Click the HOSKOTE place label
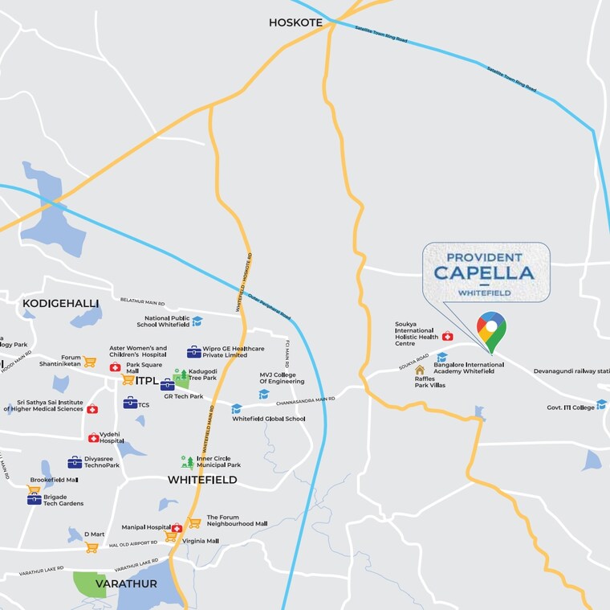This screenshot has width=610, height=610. pos(295,23)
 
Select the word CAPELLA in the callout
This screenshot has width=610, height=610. pos(484,272)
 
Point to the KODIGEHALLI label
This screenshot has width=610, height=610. pos(61,303)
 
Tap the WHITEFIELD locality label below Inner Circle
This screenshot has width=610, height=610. pos(202,480)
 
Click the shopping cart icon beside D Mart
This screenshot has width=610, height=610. pos(91,547)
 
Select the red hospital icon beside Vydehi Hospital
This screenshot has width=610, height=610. pos(93,437)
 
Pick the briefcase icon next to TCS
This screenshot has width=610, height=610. pos(129,403)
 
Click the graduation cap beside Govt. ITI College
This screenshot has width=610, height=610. pos(601,404)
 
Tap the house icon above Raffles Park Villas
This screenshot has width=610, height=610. pos(419,370)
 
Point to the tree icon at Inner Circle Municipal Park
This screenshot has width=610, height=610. pos(186,461)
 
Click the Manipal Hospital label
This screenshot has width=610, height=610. pos(145,527)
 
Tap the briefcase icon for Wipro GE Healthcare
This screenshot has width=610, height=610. pos(193,351)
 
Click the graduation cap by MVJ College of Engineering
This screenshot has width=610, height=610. pos(264,394)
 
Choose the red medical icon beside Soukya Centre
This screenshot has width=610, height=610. pos(447,336)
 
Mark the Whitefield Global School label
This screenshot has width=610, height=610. pos(269,419)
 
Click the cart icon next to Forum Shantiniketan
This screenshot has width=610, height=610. pos(89,362)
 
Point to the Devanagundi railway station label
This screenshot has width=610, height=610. pos(571,371)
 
